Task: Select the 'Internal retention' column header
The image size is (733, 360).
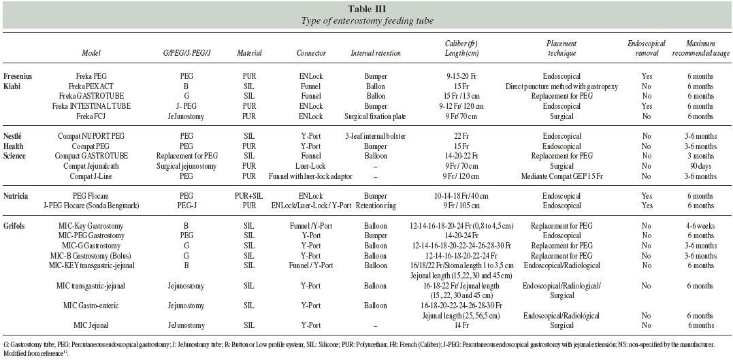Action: (x=376, y=52)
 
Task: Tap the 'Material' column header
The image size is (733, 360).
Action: (x=248, y=52)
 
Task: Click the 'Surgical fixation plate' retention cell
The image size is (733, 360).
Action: (x=375, y=116)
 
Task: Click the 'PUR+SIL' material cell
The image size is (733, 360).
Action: (x=248, y=195)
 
